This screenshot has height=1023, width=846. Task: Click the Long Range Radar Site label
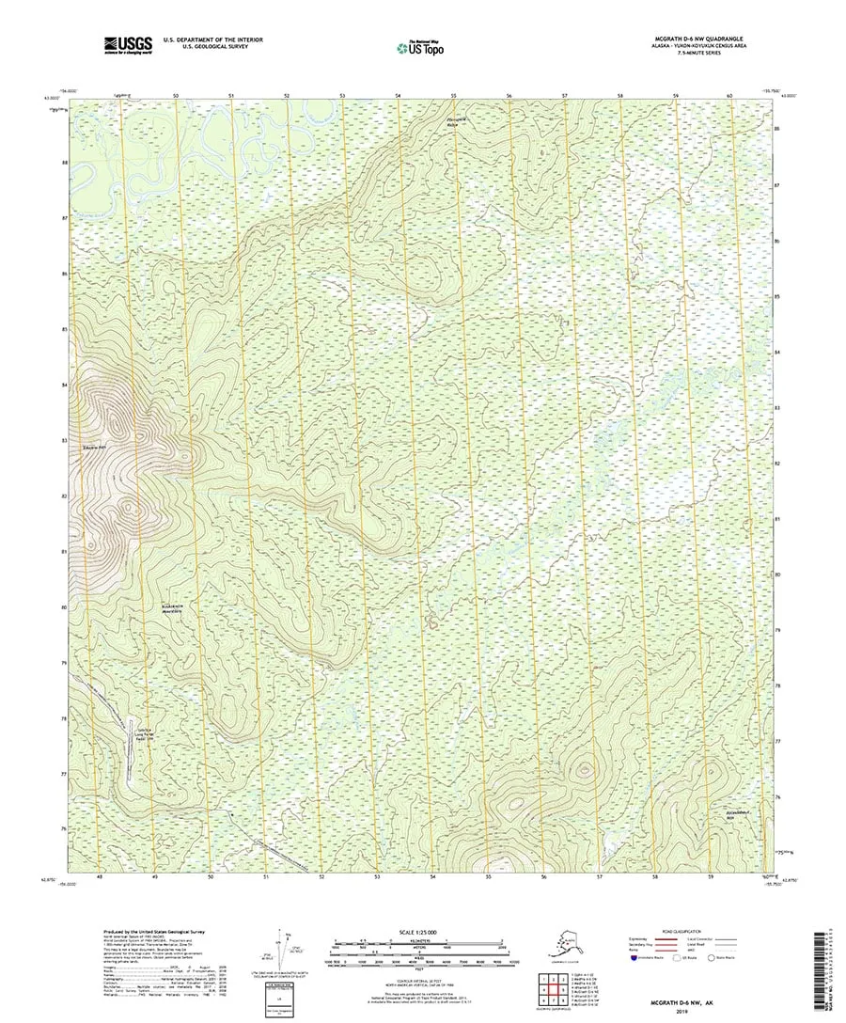click(x=146, y=737)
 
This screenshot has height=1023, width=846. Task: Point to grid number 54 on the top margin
click(x=399, y=96)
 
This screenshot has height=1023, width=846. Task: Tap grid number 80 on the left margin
click(x=64, y=607)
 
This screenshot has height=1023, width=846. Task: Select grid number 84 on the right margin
click(x=777, y=352)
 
